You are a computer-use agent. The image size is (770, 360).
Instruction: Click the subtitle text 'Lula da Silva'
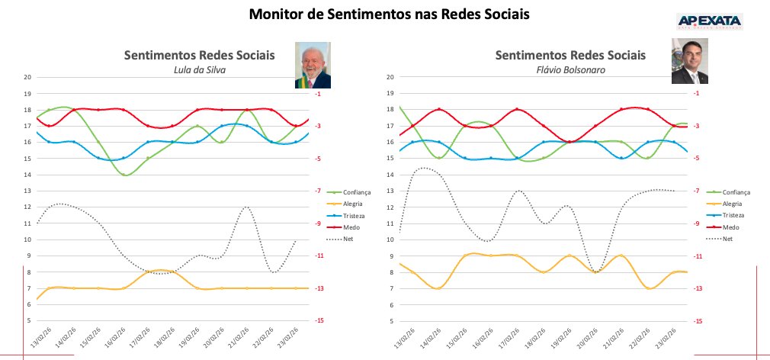click(x=201, y=70)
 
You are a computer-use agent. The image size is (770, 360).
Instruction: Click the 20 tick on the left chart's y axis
click(x=27, y=77)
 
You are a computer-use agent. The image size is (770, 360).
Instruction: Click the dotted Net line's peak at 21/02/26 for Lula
click(x=245, y=207)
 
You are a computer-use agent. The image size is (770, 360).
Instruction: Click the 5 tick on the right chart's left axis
click(x=391, y=321)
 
